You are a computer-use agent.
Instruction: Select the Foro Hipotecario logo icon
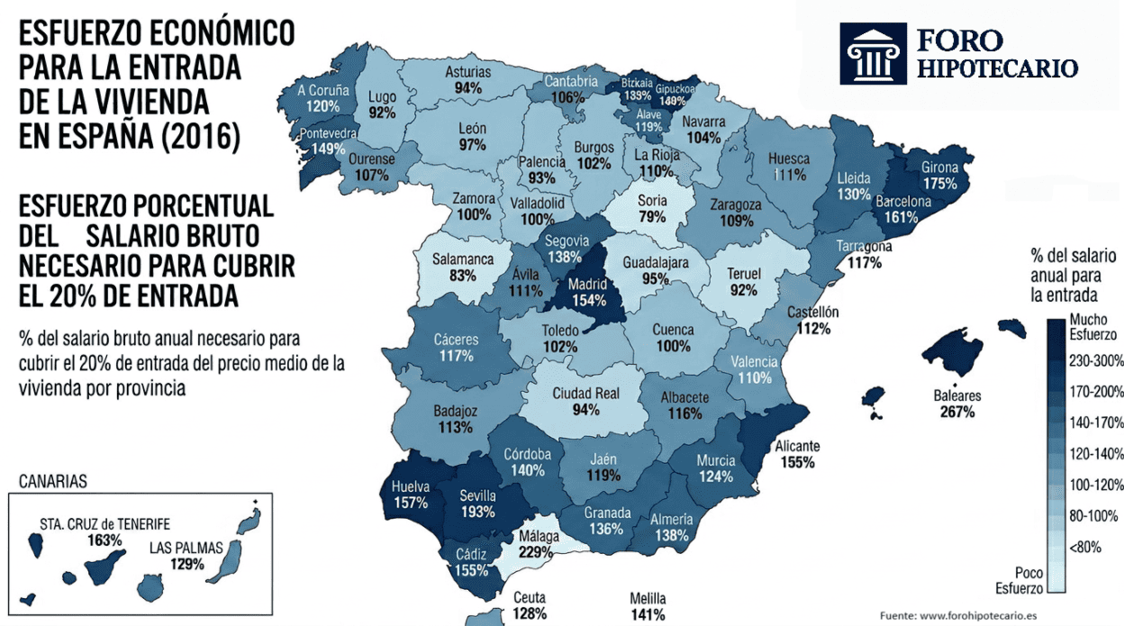click(872, 53)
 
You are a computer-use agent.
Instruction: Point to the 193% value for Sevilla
click(477, 512)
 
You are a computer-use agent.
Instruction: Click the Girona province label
click(939, 168)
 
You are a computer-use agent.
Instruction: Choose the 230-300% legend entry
click(1095, 361)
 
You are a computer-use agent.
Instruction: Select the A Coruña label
click(322, 91)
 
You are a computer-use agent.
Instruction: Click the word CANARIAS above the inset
click(52, 482)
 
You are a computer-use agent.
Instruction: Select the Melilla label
click(648, 599)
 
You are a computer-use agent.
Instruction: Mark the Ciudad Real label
click(585, 394)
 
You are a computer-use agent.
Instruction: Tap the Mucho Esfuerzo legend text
click(1092, 327)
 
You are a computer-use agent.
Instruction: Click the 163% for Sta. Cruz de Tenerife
click(105, 540)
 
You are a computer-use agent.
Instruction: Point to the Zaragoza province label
click(736, 204)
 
